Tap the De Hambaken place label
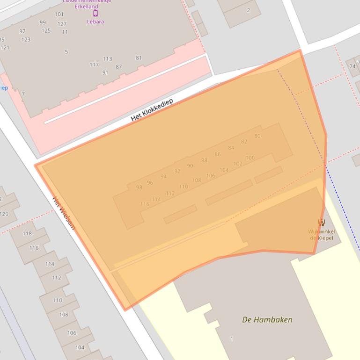click(x=267, y=320)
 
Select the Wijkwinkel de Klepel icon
click(x=321, y=223)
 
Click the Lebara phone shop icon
click(x=96, y=13)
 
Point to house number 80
click(x=257, y=136)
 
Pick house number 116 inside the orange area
click(x=145, y=204)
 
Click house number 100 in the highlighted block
click(x=250, y=158)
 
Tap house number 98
click(x=139, y=187)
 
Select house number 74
click(x=353, y=66)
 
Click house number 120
click(x=4, y=214)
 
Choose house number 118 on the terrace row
click(x=27, y=233)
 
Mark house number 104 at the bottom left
click(x=80, y=347)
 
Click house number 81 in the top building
click(x=139, y=58)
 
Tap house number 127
click(x=62, y=24)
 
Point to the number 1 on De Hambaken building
click(x=232, y=338)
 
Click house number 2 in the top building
click(x=248, y=10)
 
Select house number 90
click(x=190, y=166)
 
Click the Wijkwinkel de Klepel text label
click(x=321, y=235)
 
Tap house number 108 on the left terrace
click(x=64, y=315)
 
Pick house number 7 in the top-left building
click(x=23, y=94)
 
